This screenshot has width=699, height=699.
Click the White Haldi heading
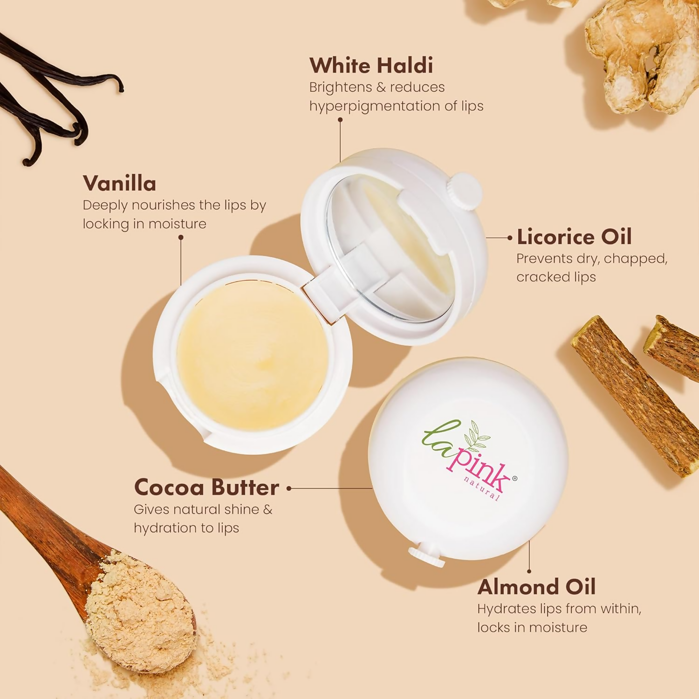[x=371, y=65]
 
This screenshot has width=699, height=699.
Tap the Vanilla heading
[x=119, y=183]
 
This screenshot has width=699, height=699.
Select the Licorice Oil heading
[x=574, y=237]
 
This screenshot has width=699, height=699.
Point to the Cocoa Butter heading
[x=206, y=487]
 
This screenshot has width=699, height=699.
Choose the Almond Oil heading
[x=536, y=587]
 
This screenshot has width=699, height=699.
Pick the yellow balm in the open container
[x=252, y=356]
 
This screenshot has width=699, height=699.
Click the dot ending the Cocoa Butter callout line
[x=289, y=488]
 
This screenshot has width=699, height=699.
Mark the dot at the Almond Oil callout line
[x=529, y=571]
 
